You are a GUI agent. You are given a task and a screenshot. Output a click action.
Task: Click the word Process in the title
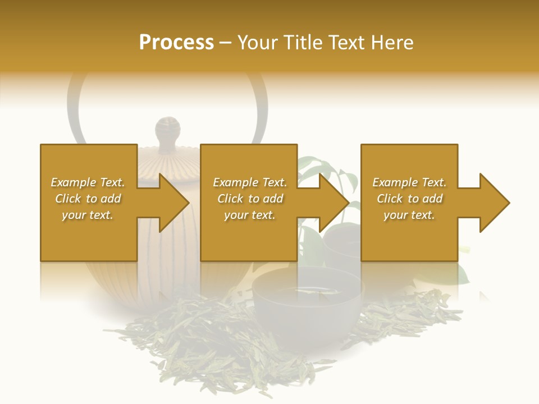tap(176, 43)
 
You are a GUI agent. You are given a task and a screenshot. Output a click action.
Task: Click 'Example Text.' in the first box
tap(88, 182)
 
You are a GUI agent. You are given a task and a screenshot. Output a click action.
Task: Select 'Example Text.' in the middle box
tap(249, 182)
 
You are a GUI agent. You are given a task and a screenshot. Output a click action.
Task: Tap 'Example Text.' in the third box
tap(409, 182)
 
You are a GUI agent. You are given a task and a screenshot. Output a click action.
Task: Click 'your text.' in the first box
tap(88, 215)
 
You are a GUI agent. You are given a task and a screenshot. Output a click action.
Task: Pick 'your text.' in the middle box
tap(249, 215)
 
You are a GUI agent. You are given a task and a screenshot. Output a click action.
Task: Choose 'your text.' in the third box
tap(409, 215)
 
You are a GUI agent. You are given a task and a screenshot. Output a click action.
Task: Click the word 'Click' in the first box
tap(68, 199)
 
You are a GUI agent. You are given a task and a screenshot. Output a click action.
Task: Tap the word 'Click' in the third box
tap(390, 199)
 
